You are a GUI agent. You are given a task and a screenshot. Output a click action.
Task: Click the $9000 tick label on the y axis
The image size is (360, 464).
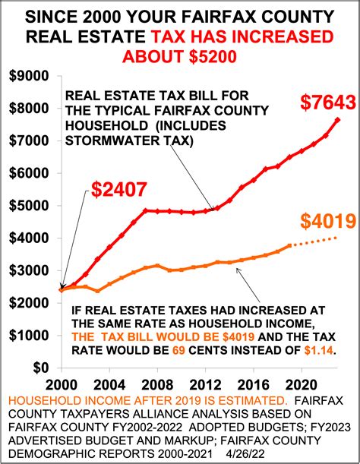point(28,76)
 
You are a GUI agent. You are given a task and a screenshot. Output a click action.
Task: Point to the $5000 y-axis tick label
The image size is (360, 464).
point(28,205)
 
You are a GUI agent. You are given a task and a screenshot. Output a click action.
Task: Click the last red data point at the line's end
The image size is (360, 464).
point(338,120)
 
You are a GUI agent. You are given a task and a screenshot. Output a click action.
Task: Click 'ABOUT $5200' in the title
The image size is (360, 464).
point(179,58)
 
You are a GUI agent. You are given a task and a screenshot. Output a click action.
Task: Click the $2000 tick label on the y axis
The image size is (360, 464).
point(28,303)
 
